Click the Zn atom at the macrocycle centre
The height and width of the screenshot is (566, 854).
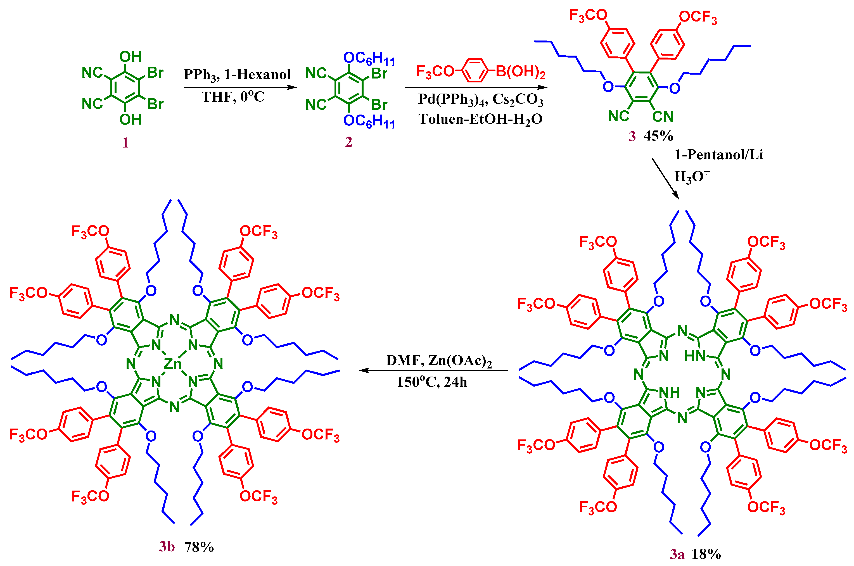pos(173,364)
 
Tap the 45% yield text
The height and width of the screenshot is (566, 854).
pos(658,136)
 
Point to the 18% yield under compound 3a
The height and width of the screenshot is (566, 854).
pos(706,554)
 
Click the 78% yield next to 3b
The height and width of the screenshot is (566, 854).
pos(199,547)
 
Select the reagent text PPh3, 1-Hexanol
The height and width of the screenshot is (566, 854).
pos(237,75)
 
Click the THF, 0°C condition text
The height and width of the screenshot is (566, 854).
pos(233,97)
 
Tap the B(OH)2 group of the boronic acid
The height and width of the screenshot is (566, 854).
pos(520,72)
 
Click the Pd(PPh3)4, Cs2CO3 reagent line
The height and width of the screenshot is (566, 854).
pos(480,99)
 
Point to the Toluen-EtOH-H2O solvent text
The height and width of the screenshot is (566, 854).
pos(480,119)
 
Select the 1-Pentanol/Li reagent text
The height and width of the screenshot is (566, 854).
pos(718,155)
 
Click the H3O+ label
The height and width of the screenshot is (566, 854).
pos(692,176)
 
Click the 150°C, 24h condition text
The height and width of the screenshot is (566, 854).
pos(432,382)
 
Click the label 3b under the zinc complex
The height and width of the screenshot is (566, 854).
pos(167,547)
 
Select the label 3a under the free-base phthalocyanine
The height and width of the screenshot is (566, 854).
pos(677,554)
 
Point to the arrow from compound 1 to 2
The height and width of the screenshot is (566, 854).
pos(240,87)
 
